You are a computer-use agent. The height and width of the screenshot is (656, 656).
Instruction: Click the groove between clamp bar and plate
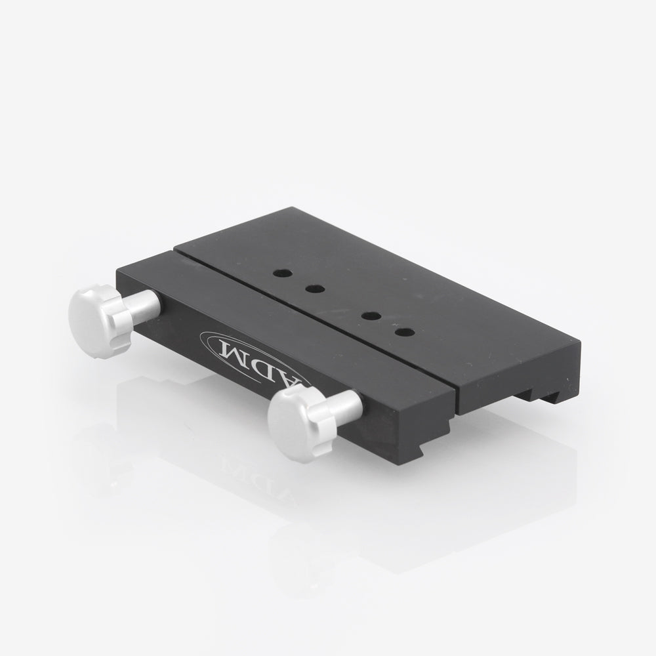point(315,315)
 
